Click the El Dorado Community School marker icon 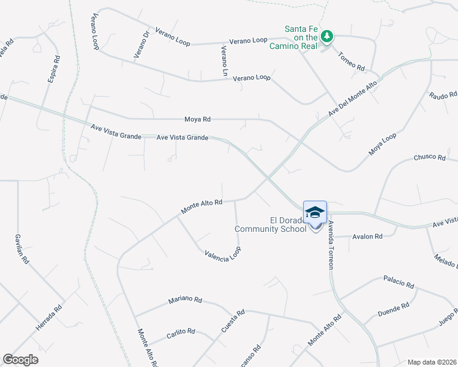tap(315, 213)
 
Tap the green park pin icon tap(328, 36)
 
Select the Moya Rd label tap(197, 119)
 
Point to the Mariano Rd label tap(185, 300)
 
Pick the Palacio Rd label tap(399, 282)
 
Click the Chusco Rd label tap(429, 157)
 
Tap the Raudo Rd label tap(443, 95)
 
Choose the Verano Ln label tap(225, 61)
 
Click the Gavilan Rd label tap(21, 249)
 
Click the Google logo tap(21, 360)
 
